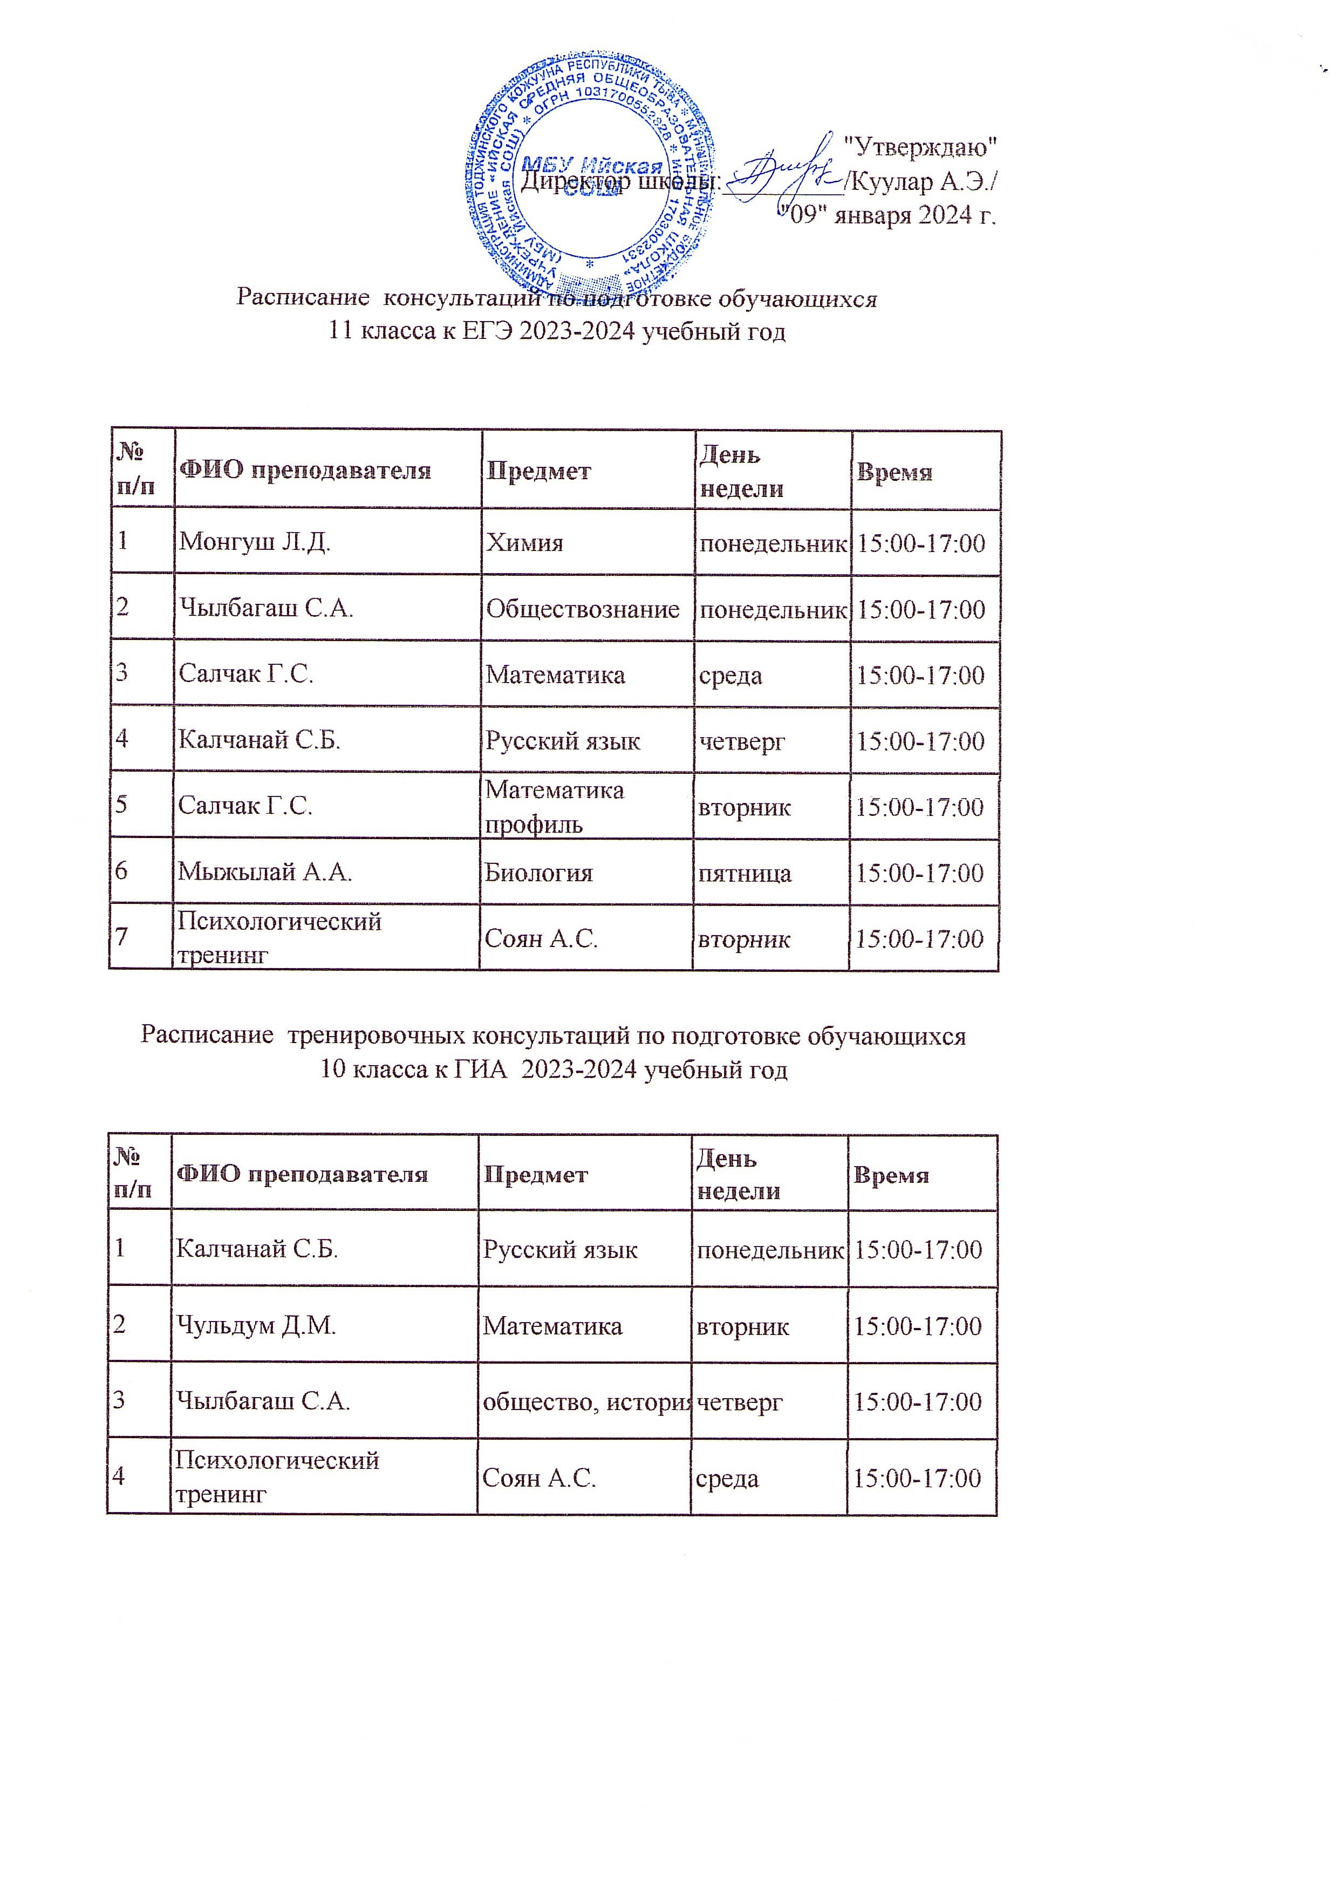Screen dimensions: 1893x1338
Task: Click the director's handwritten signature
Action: pos(784,171)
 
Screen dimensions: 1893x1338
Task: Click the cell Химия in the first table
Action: pos(524,542)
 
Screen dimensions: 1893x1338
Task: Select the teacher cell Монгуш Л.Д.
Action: pos(255,542)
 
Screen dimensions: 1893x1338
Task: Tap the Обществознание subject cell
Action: pos(582,609)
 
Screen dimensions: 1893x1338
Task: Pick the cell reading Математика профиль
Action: pos(554,806)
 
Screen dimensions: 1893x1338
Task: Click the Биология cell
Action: pos(538,872)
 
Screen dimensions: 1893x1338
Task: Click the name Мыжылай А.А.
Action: pos(264,871)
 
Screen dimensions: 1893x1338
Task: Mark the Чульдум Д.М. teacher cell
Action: pos(256,1326)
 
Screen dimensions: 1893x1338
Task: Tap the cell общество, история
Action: pos(586,1401)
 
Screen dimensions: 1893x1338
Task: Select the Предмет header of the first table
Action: pos(538,471)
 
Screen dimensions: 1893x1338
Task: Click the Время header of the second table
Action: pos(890,1175)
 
